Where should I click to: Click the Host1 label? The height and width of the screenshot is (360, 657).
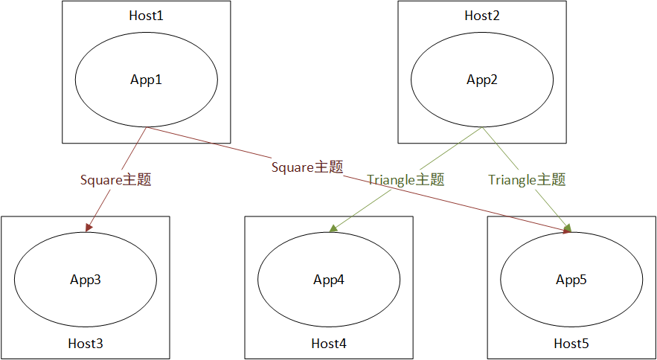coord(147,16)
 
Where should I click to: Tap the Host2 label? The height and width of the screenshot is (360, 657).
coord(482,16)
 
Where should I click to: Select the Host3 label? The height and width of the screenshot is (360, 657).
coord(86,344)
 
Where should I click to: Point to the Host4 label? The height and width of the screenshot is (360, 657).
coord(329,344)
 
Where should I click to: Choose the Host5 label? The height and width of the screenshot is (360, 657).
coord(571,344)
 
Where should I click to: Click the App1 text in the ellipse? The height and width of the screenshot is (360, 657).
coord(147,80)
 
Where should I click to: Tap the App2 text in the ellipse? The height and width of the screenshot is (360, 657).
coord(482,80)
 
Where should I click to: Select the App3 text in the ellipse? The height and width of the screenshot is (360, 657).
coord(86,280)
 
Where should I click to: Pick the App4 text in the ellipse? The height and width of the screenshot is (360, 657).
coord(329,280)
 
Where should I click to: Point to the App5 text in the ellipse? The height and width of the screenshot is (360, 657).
coord(571,280)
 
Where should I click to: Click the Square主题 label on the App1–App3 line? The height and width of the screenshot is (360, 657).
coord(116,179)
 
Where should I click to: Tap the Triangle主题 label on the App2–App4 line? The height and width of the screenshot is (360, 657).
coord(406,179)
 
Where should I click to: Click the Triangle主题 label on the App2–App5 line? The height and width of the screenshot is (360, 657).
coord(527,179)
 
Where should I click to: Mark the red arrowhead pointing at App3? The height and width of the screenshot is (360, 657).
coord(89,227)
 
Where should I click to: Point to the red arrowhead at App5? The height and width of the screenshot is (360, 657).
coord(567,231)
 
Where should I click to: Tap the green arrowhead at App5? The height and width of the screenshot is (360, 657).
coord(568,227)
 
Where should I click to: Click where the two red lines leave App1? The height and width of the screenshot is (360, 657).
coord(147,127)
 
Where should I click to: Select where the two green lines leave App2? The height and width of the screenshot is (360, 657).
coord(482,127)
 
